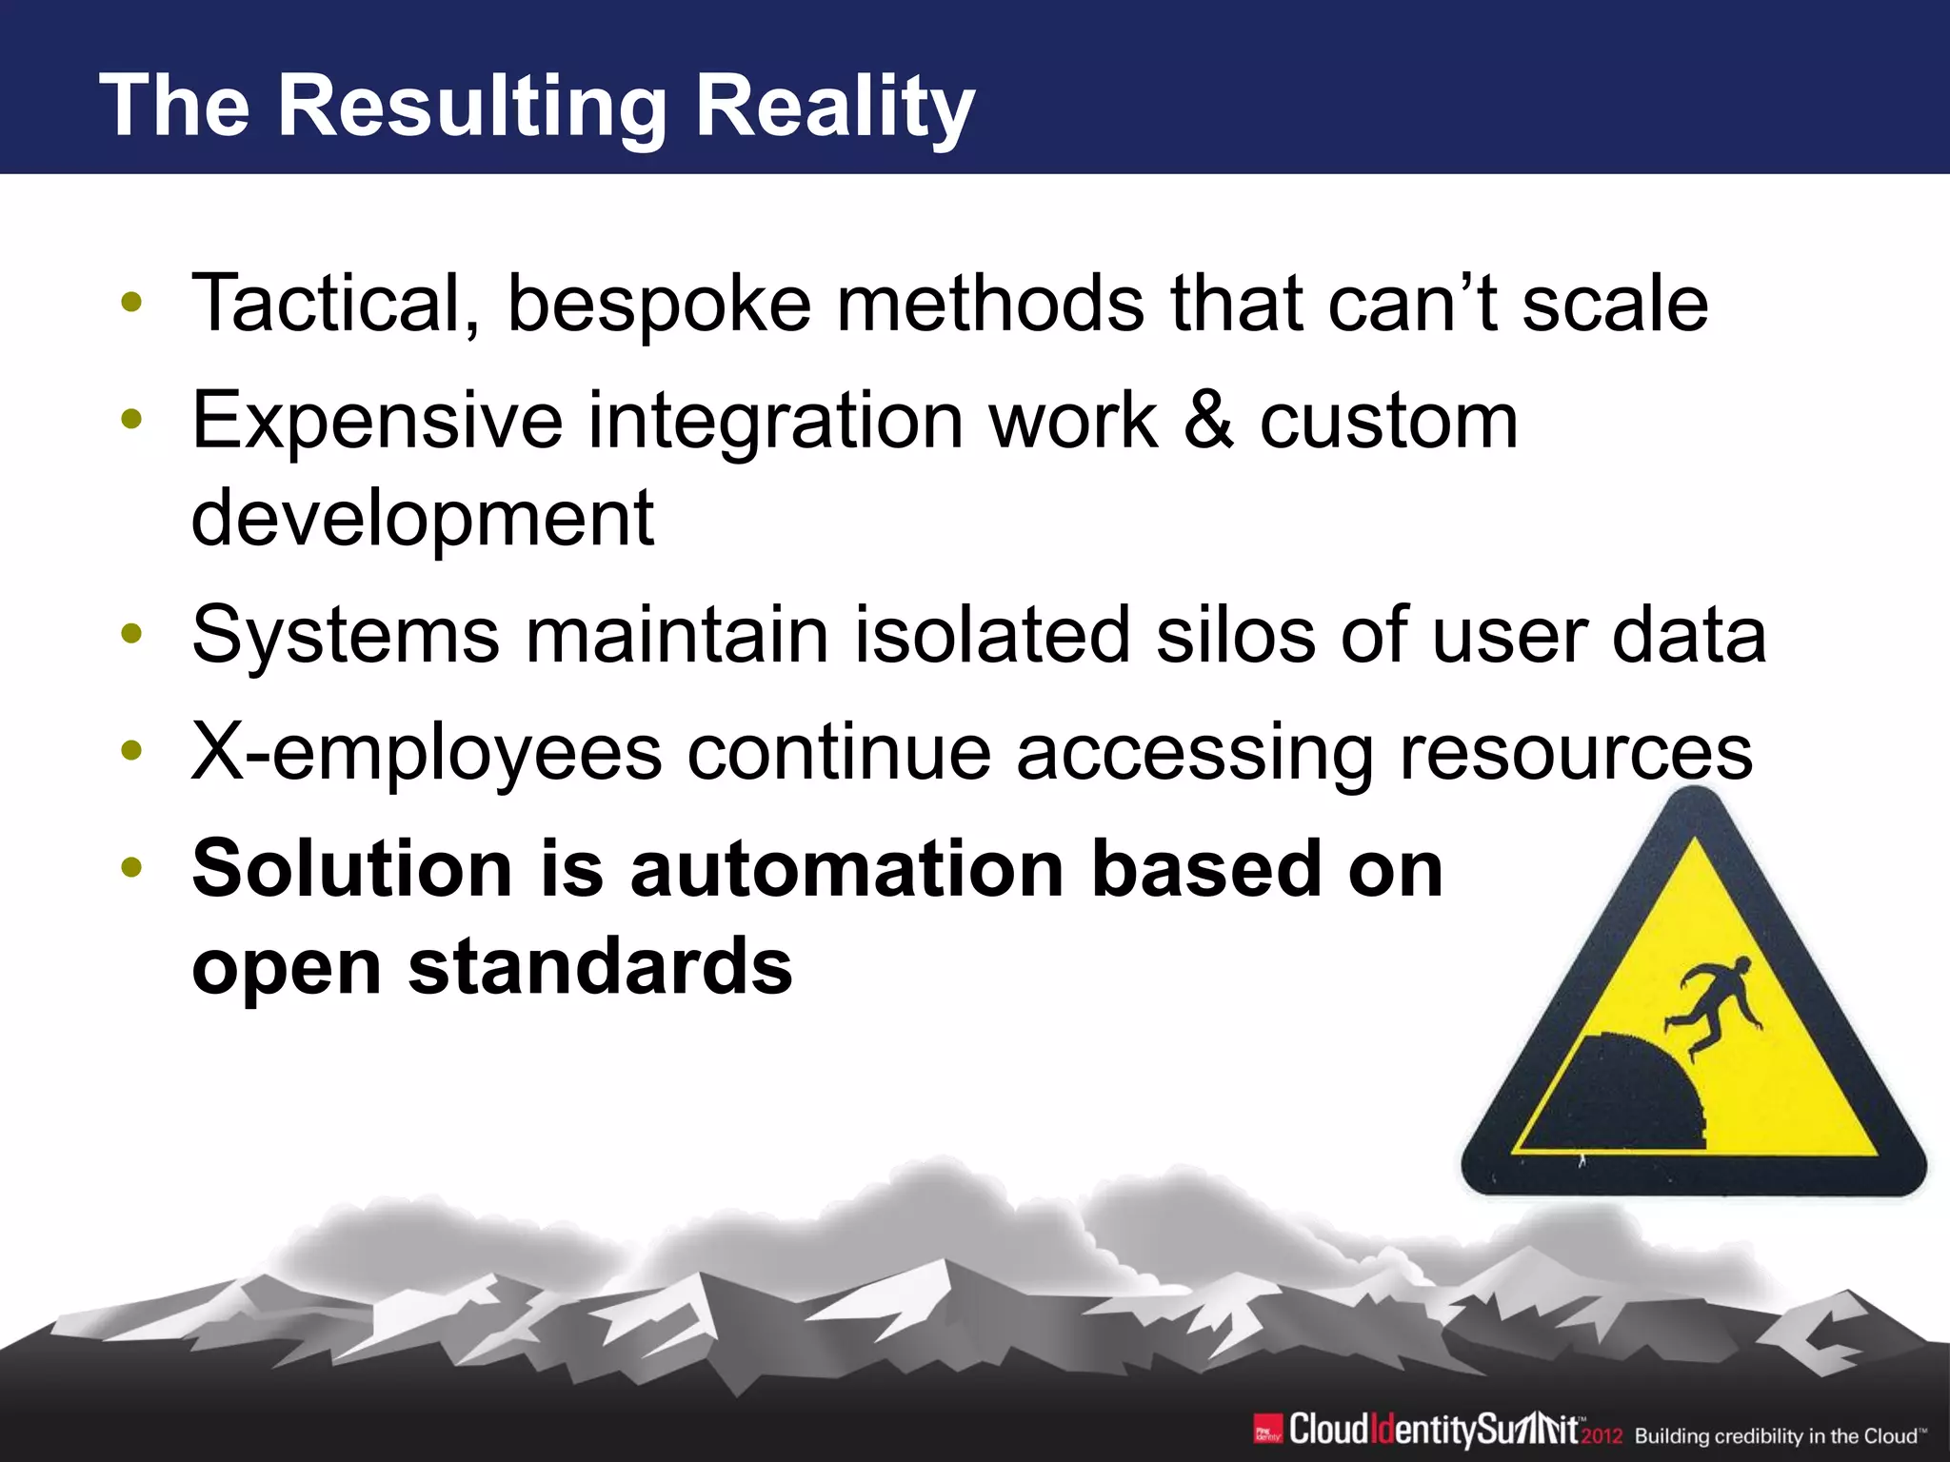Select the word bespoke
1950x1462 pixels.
[659, 304]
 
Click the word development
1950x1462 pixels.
[423, 519]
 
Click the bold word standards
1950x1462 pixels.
[600, 967]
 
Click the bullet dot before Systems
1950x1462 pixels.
[131, 634]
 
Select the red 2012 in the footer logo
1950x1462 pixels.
[1602, 1436]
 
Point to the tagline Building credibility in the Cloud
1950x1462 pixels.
[1779, 1436]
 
